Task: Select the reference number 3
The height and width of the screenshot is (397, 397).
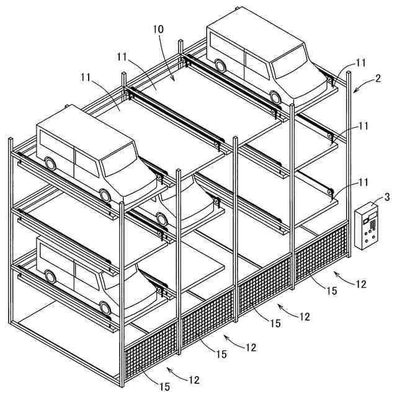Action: [386, 197]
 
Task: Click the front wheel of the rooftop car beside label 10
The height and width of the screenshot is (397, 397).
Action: [275, 96]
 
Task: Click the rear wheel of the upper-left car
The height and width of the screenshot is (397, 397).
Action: [48, 164]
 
